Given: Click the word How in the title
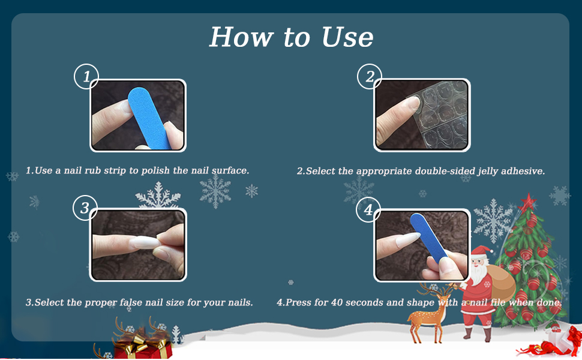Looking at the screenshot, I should pos(238,37).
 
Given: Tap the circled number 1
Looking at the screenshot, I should pos(86,77).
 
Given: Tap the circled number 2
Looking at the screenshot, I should pos(370,77).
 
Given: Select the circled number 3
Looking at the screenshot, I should pos(85,208).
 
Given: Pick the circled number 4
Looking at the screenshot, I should pos(368,209).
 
